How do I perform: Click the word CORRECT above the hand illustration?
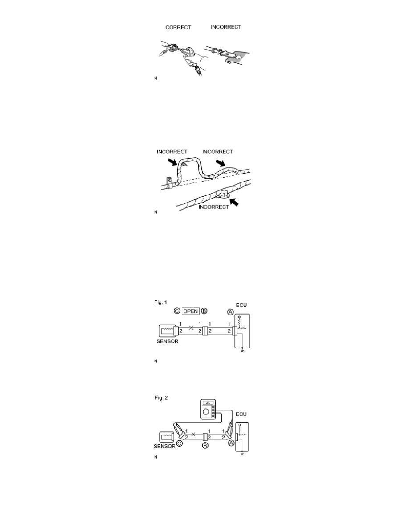click(x=178, y=27)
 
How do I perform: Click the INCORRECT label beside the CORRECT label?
click(x=226, y=27)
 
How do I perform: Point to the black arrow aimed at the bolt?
click(x=234, y=202)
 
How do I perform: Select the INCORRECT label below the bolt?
click(x=213, y=207)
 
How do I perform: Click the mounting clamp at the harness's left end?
click(x=169, y=182)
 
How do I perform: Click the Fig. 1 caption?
click(x=161, y=302)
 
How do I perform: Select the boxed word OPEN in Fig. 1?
click(x=191, y=311)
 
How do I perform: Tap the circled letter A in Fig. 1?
click(x=230, y=312)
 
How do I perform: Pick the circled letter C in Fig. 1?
click(x=177, y=311)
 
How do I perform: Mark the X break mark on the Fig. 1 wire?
click(x=191, y=327)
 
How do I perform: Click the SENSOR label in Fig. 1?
click(x=168, y=341)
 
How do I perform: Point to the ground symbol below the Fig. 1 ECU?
click(x=242, y=351)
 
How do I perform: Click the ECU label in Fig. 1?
click(x=241, y=305)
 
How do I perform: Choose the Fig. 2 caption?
click(x=161, y=397)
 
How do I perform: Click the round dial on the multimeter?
click(x=205, y=412)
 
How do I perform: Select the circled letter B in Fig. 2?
click(x=205, y=446)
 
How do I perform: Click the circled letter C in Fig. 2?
click(x=180, y=443)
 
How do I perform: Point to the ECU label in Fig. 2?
click(x=241, y=414)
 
